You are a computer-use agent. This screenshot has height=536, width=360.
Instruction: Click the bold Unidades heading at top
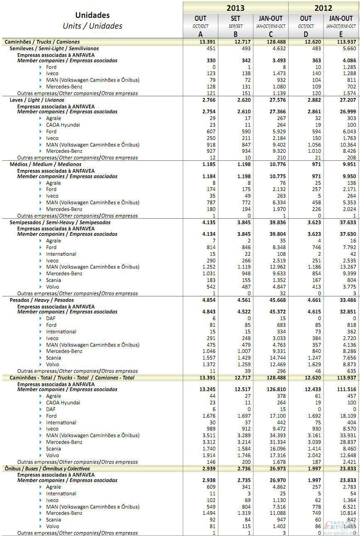(x=92, y=15)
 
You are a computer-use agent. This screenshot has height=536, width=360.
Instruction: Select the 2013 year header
(x=235, y=7)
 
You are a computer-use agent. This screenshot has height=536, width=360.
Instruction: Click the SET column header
(x=235, y=18)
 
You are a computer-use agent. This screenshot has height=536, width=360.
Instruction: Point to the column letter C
(x=271, y=34)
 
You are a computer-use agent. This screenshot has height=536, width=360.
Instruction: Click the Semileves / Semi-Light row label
(x=54, y=49)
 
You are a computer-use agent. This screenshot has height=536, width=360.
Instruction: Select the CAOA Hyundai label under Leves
(x=63, y=125)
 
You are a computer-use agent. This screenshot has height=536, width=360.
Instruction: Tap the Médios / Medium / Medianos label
(x=45, y=164)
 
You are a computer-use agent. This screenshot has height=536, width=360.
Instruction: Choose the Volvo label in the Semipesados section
(x=53, y=286)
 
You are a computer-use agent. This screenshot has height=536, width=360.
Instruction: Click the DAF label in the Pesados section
(x=51, y=318)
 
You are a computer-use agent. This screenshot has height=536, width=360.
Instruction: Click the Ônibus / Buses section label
(x=47, y=468)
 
